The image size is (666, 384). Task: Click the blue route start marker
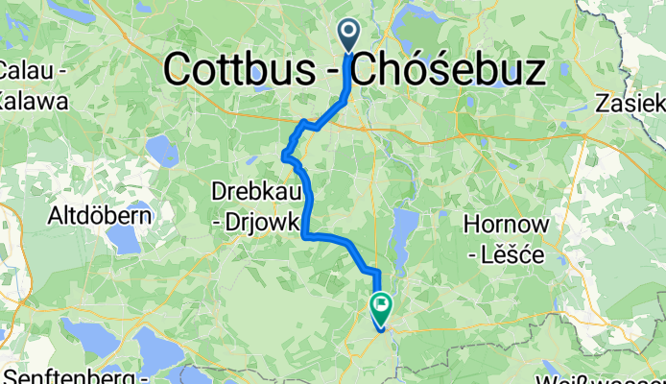[347, 36]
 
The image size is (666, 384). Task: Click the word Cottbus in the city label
[250, 69]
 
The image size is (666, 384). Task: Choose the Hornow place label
[505, 225]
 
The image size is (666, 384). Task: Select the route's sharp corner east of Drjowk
[306, 233]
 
